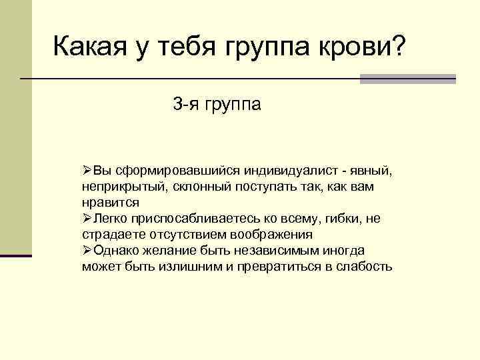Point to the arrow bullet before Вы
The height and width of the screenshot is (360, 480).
click(87, 171)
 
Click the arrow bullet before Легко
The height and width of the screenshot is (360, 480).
click(87, 219)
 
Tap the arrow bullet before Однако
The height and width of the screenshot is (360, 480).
click(87, 251)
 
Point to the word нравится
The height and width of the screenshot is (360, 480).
click(111, 203)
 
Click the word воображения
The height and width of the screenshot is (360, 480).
click(271, 235)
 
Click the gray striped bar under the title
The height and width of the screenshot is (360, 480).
click(407, 79)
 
